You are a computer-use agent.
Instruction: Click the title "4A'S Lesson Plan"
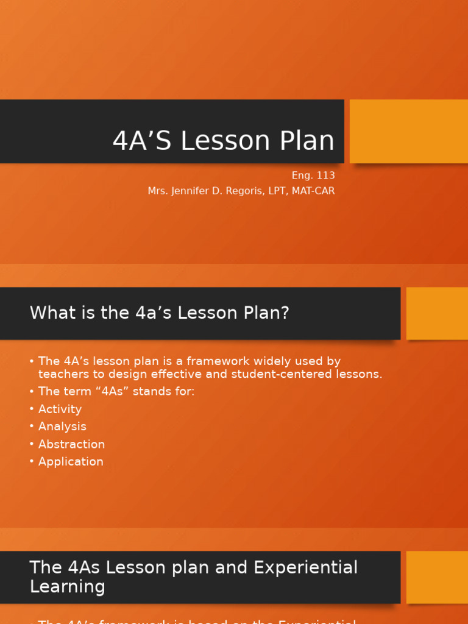pyautogui.click(x=224, y=141)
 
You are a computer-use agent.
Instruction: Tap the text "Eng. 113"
pyautogui.click(x=313, y=175)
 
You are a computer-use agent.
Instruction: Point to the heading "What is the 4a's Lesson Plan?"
pyautogui.click(x=160, y=313)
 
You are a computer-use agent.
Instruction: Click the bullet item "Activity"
pyautogui.click(x=60, y=409)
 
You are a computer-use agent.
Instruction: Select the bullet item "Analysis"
pyautogui.click(x=62, y=427)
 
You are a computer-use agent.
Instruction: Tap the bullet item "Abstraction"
pyautogui.click(x=71, y=444)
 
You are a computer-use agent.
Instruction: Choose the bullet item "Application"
pyautogui.click(x=71, y=462)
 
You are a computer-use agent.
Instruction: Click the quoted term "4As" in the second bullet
pyautogui.click(x=111, y=391)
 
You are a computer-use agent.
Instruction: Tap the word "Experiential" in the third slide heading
pyautogui.click(x=306, y=567)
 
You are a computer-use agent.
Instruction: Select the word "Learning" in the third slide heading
pyautogui.click(x=67, y=587)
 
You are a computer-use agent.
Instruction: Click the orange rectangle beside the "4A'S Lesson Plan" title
pyautogui.click(x=408, y=132)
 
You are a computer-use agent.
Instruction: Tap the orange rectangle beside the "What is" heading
pyautogui.click(x=437, y=313)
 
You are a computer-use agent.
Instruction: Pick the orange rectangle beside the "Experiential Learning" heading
pyautogui.click(x=437, y=577)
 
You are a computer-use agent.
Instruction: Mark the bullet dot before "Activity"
pyautogui.click(x=32, y=409)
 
